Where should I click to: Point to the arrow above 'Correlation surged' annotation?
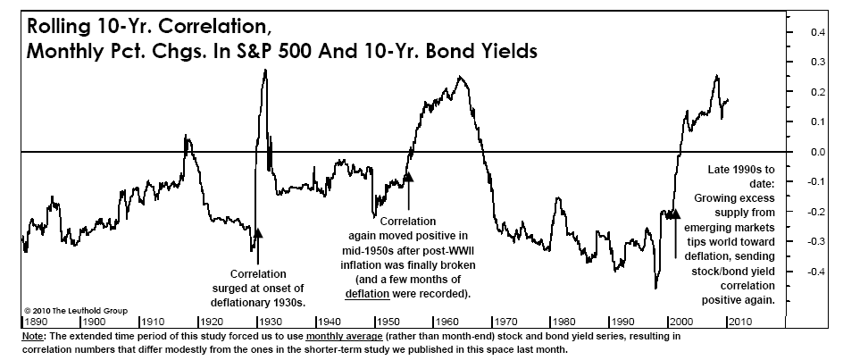(x=257, y=235)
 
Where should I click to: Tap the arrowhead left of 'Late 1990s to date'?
(x=674, y=214)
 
